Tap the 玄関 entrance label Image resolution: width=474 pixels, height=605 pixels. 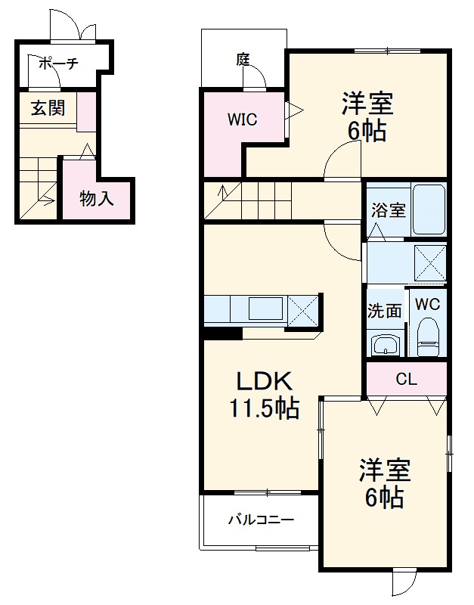[48, 108]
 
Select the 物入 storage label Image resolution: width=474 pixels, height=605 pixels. [97, 199]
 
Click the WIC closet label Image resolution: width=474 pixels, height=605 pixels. [243, 119]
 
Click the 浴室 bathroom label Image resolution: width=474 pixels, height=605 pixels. [388, 209]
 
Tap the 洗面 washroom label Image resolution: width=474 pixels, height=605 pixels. [384, 310]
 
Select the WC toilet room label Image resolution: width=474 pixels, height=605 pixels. [427, 305]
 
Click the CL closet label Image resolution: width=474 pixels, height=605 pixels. [406, 380]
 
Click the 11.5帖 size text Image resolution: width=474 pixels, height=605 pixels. [264, 408]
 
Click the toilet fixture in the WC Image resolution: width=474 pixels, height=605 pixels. [429, 338]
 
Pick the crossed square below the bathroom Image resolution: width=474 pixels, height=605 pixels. [429, 263]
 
